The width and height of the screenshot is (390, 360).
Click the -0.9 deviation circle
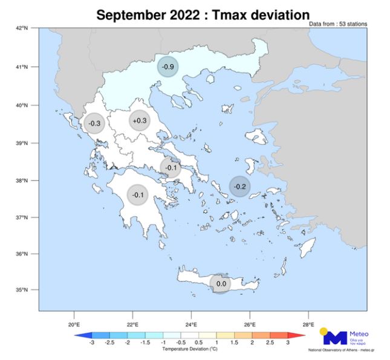168,66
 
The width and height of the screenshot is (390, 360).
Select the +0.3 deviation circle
139,121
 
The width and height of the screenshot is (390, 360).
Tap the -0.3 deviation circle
94,123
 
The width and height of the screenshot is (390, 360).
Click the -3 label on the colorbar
91,342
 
